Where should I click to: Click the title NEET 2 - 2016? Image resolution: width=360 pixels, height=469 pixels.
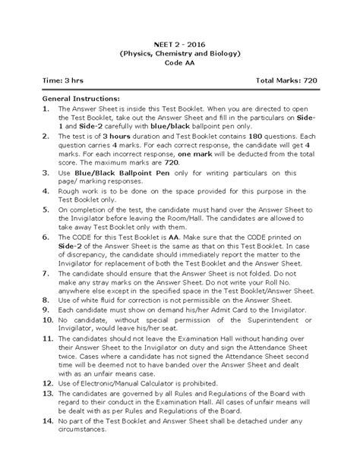pyautogui.click(x=180, y=45)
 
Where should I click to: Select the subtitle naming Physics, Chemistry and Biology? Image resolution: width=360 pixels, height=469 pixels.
pyautogui.click(x=180, y=55)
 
